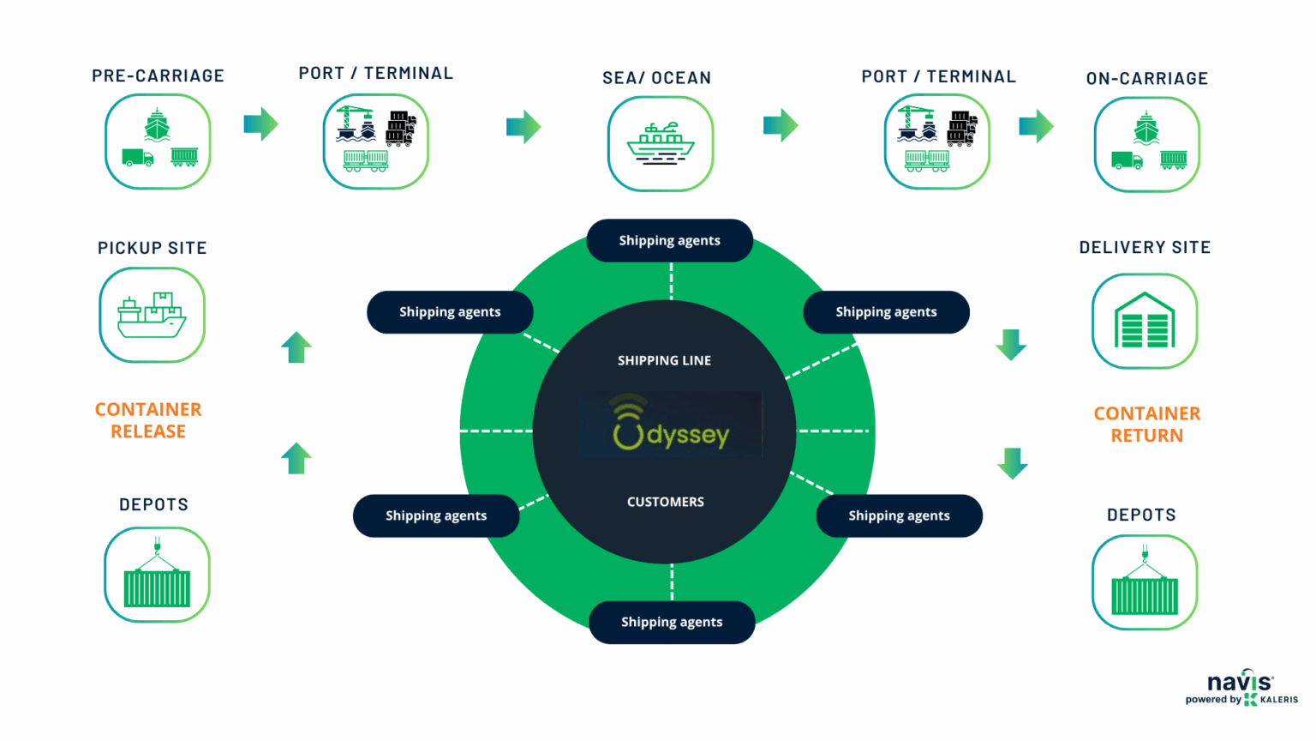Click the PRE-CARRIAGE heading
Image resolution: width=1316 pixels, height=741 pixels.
158,76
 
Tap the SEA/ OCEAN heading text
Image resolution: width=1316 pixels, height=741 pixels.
656,78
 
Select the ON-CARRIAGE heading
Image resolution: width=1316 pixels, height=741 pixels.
1146,79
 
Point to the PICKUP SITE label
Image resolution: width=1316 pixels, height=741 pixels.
153,249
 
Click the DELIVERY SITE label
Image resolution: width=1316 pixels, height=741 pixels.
1145,248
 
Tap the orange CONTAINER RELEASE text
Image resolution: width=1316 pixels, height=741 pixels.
148,420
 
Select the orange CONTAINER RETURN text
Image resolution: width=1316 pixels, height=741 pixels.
1146,425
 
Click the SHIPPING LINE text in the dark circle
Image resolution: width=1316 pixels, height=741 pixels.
664,361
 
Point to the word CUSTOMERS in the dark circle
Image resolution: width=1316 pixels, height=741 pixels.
665,502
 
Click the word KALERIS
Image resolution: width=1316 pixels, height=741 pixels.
1279,700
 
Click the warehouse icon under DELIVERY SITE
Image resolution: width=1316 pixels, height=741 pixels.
1145,322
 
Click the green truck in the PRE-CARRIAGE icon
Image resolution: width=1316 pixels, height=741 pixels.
137,158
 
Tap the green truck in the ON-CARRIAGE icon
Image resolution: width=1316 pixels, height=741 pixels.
1127,160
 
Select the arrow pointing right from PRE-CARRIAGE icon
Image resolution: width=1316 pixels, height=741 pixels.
261,124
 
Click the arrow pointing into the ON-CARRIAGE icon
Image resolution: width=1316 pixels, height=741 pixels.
1036,126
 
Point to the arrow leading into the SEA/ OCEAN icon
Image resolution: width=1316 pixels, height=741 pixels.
523,127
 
